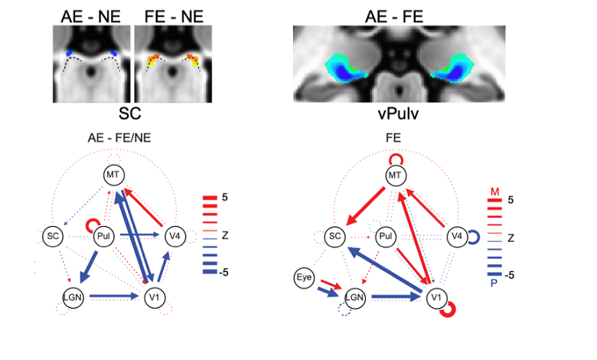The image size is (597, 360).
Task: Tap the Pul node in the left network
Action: click(x=105, y=237)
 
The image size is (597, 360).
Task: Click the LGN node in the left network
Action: click(x=72, y=296)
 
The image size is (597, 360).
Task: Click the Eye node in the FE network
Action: click(x=305, y=277)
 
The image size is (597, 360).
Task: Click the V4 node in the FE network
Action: click(x=456, y=236)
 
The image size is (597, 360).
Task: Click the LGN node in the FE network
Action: click(x=354, y=296)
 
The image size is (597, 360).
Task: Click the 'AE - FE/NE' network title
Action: click(x=114, y=139)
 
